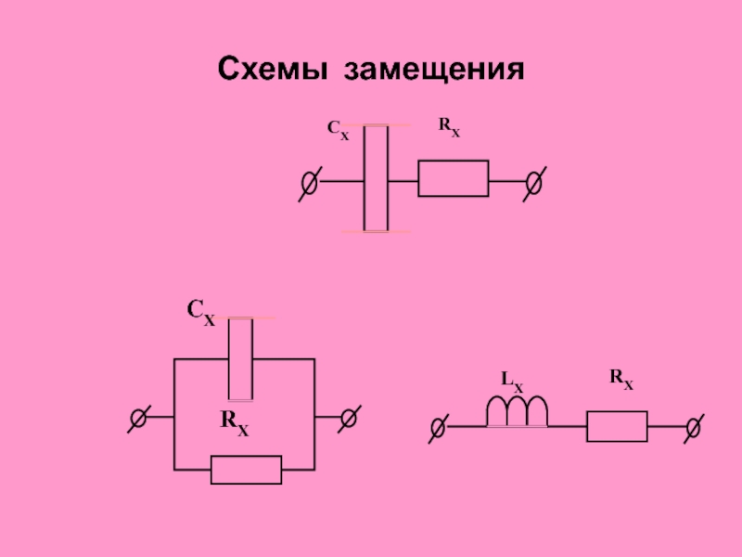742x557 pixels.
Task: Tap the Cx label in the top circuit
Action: click(339, 131)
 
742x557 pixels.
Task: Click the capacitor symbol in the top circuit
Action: click(376, 177)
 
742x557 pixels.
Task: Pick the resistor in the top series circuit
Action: click(453, 178)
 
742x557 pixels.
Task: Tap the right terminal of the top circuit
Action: click(533, 183)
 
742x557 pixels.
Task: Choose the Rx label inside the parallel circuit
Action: click(235, 421)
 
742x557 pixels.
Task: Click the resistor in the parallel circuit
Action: click(246, 470)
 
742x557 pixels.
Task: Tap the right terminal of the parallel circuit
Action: click(349, 419)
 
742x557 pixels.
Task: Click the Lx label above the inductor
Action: click(512, 380)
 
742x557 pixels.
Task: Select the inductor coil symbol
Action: click(518, 411)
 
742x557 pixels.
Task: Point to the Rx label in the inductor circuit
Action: click(621, 377)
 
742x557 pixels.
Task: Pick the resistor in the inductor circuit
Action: click(617, 427)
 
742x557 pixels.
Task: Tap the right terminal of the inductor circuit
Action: click(692, 427)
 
